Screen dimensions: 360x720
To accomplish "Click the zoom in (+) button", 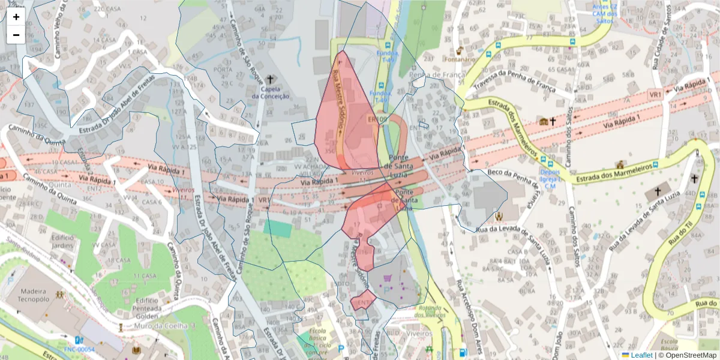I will point(16,17).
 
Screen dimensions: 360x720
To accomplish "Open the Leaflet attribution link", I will point(641,355).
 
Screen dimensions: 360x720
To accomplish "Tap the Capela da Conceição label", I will point(270,92).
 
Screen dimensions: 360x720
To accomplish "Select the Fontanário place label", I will point(460,59).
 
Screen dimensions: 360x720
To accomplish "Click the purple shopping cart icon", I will point(387,278).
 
